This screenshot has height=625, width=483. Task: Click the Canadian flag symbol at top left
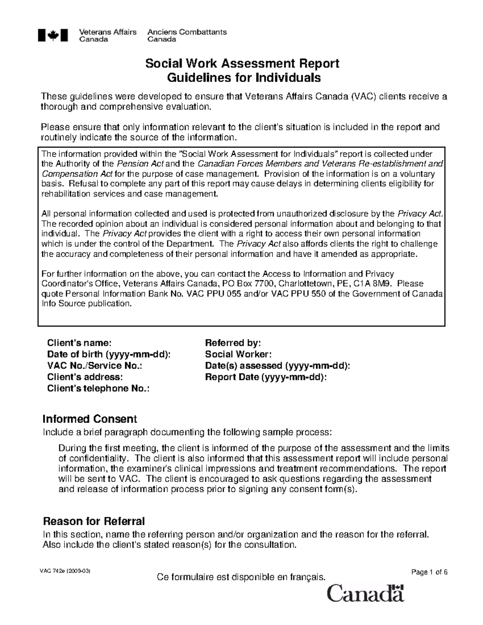point(53,35)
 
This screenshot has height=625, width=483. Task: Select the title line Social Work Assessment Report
point(242,63)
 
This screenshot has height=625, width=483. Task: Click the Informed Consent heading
point(90,419)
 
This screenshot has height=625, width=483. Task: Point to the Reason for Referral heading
point(93,521)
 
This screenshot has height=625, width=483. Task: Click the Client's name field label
point(79,343)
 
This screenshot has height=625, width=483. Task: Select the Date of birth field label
point(109,354)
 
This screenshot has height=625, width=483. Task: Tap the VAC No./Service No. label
point(95,365)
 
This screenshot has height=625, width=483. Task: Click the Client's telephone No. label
point(98,388)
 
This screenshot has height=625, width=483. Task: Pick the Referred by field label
point(233,343)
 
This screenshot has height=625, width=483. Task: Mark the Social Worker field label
point(238,354)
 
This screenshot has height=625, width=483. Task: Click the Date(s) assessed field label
point(277,365)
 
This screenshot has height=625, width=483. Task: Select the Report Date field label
point(266,377)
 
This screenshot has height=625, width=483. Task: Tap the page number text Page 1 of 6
point(429,572)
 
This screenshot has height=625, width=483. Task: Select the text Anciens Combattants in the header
point(187,32)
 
